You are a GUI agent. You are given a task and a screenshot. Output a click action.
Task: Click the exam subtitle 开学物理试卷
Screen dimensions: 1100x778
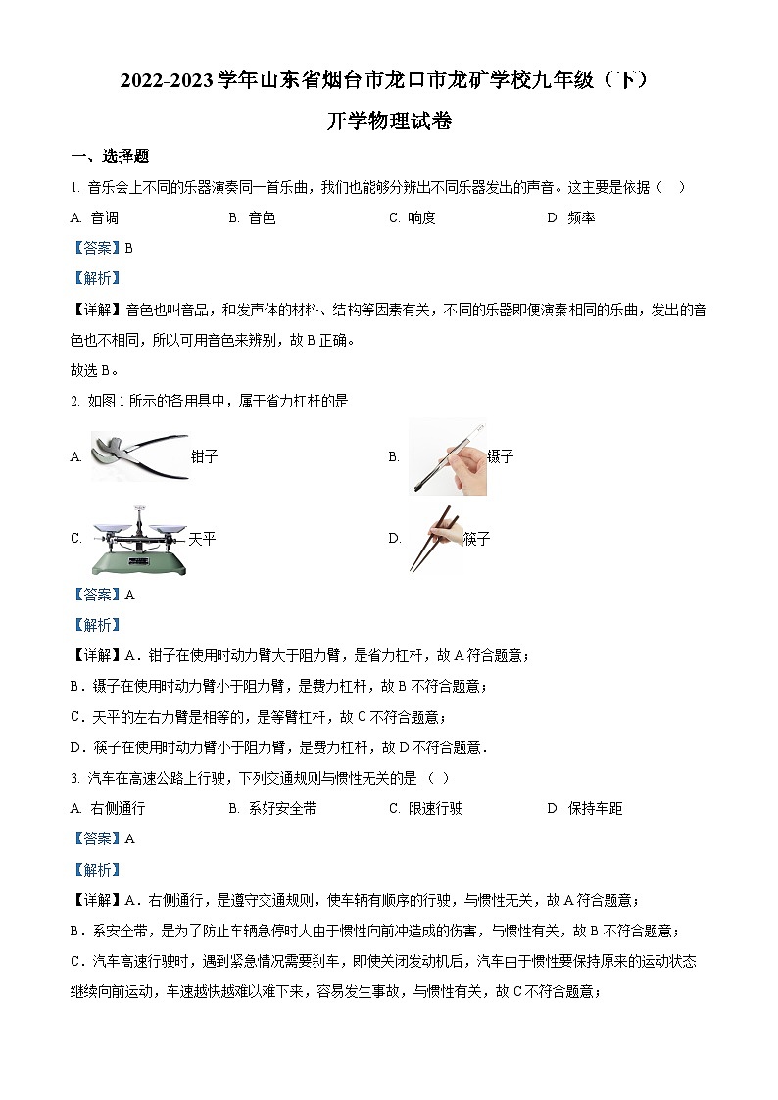coord(389,121)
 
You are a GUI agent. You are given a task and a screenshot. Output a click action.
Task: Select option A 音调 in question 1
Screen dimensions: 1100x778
coord(95,218)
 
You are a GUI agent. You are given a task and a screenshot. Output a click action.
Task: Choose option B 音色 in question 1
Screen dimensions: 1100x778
coord(253,218)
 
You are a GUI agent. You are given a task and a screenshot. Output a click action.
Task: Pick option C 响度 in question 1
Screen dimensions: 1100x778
coord(413,218)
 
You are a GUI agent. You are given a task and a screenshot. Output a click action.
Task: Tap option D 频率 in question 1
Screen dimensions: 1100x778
coord(571,218)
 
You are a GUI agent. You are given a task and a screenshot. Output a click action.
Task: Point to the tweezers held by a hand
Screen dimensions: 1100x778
coord(447,455)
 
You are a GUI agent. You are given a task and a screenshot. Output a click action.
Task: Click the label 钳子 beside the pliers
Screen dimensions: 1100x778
coord(204,457)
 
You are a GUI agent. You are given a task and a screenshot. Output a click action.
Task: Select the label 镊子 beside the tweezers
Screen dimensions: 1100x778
coord(500,456)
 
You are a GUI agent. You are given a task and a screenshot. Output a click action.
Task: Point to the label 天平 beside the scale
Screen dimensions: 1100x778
coord(202,539)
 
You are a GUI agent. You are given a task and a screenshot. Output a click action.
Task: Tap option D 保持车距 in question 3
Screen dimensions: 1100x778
coord(585,808)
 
